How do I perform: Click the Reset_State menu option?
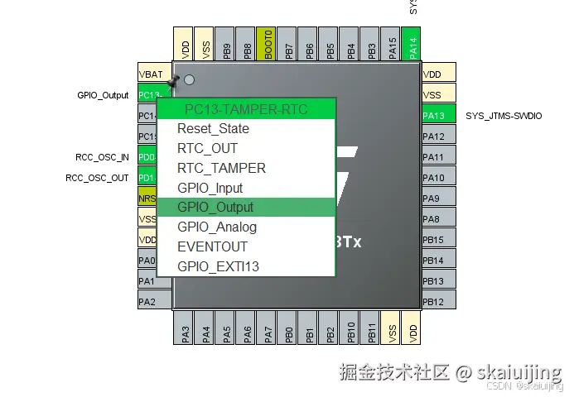coord(213,129)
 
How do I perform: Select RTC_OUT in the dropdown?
coord(207,149)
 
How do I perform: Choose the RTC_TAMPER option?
coord(221,168)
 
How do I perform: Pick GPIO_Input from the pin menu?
coord(210,188)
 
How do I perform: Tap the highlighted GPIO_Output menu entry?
coord(215,208)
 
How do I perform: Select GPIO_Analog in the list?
coord(217,227)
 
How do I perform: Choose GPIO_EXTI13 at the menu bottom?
coord(218,266)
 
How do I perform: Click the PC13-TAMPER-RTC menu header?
coord(246,109)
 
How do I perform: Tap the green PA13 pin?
coord(438,116)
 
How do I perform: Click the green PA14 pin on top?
coord(413,43)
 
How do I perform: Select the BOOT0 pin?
coord(268,43)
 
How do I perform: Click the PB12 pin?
coord(438,302)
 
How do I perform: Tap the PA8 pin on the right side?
coord(438,219)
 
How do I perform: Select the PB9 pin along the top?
coord(226,43)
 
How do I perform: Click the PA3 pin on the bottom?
coord(185,329)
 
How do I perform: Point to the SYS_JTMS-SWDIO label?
coord(504,116)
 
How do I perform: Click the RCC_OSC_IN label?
coord(103,157)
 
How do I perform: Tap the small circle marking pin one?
coord(190,80)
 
